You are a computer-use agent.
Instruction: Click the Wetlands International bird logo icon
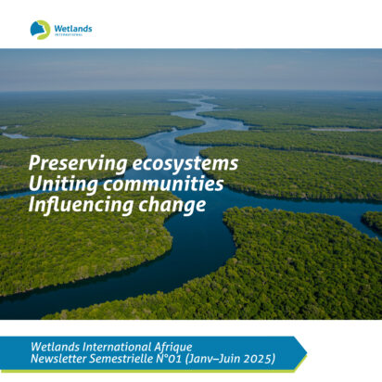[x=40, y=30]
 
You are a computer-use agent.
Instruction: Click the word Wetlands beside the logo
[x=73, y=29]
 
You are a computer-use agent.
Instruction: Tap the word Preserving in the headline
[x=78, y=163]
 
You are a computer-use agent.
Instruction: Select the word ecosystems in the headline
[x=185, y=163]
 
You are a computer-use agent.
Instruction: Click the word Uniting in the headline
[x=63, y=185]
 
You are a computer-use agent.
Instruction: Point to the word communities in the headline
[x=163, y=184]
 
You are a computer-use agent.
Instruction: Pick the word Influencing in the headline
[x=81, y=205]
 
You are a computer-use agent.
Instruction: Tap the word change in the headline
[x=172, y=205]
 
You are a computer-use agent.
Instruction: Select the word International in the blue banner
[x=117, y=347]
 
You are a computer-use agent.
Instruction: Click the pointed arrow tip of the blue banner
[x=306, y=352]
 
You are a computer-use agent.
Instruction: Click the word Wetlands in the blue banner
[x=55, y=347]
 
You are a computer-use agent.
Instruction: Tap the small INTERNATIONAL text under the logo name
[x=69, y=34]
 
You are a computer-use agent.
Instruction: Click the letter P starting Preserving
[x=34, y=162]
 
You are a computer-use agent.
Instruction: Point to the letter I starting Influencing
[x=32, y=204]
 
